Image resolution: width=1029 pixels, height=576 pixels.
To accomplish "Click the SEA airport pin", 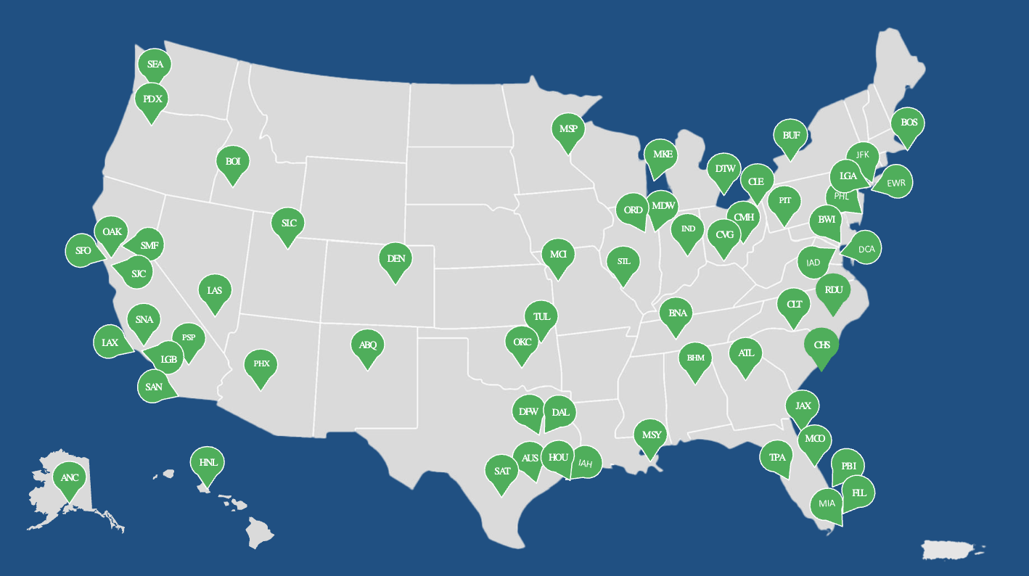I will click(x=155, y=64).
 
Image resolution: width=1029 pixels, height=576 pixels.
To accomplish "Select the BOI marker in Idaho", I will click(x=233, y=161).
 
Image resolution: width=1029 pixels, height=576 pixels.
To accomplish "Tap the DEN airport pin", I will click(x=395, y=258).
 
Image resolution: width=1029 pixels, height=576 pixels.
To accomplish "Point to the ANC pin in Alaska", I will click(x=70, y=477).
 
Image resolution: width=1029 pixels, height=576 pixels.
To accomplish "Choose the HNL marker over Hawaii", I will click(x=208, y=461).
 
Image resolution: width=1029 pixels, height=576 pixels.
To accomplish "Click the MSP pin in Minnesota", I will click(x=568, y=129).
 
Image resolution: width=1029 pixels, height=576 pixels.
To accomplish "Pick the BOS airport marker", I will click(x=909, y=123).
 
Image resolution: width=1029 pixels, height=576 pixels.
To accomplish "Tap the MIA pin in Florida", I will click(x=827, y=503).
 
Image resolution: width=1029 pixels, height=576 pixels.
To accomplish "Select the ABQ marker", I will click(x=368, y=344).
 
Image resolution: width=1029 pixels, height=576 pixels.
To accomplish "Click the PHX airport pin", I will click(x=261, y=363).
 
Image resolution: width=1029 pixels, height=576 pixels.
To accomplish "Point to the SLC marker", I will click(x=289, y=223).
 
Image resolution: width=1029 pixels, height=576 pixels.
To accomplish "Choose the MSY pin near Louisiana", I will click(x=652, y=435).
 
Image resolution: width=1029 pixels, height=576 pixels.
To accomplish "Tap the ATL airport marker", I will click(x=746, y=353).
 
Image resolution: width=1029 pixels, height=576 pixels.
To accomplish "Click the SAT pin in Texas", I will click(x=502, y=471).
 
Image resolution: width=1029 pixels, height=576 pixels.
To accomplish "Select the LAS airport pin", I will click(x=215, y=290).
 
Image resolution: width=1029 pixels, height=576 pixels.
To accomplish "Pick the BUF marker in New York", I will click(x=791, y=135).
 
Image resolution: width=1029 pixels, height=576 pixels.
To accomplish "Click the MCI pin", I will click(x=558, y=254).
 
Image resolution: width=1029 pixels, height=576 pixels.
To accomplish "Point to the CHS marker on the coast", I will click(x=821, y=345).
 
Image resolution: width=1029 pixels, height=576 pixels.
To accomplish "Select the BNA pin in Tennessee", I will click(x=677, y=313).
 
